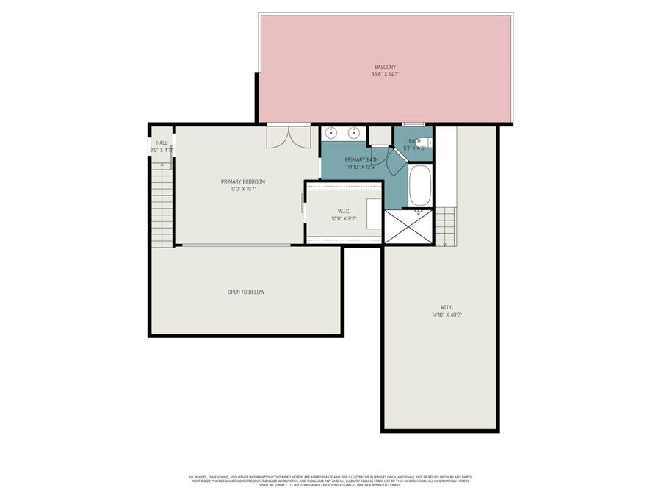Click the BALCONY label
pyautogui.click(x=385, y=67)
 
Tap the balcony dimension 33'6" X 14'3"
pyautogui.click(x=385, y=74)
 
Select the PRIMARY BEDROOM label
pyautogui.click(x=242, y=181)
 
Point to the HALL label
pyautogui.click(x=162, y=143)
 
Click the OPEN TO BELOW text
pyautogui.click(x=245, y=292)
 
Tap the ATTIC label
pyautogui.click(x=447, y=307)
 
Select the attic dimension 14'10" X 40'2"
pyautogui.click(x=447, y=315)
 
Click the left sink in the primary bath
pyautogui.click(x=332, y=133)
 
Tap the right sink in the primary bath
pyautogui.click(x=353, y=133)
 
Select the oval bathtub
pyautogui.click(x=420, y=185)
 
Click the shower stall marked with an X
pyautogui.click(x=409, y=226)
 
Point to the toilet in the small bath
pyautogui.click(x=429, y=143)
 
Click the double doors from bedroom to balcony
pyautogui.click(x=289, y=136)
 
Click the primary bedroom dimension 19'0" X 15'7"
pyautogui.click(x=242, y=189)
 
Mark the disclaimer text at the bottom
pyautogui.click(x=330, y=481)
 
